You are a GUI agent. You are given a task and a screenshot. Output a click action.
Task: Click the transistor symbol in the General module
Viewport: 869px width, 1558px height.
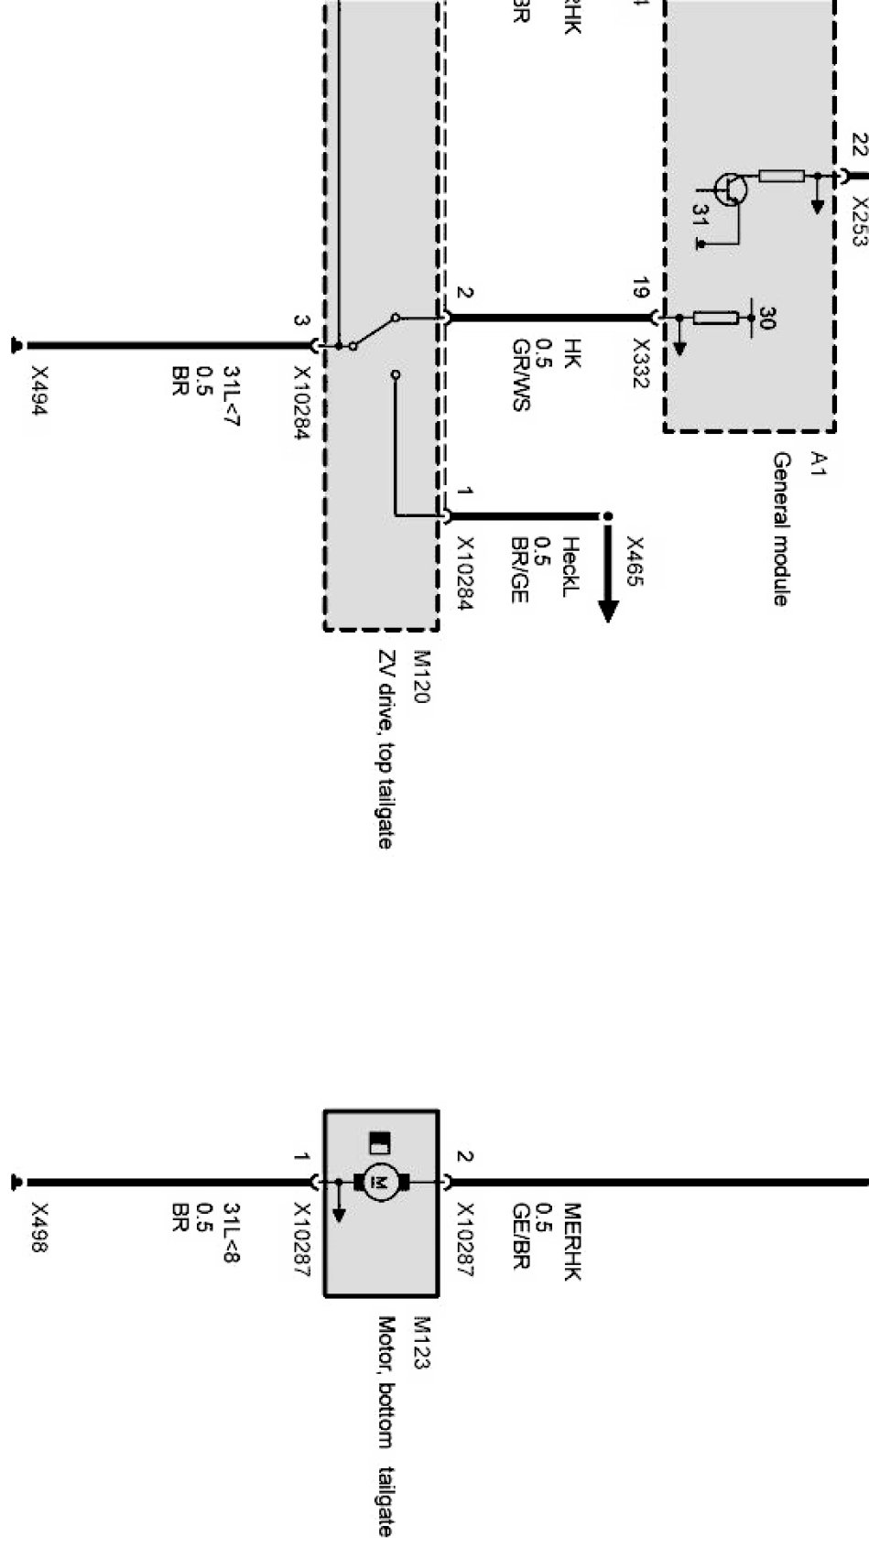pyautogui.click(x=732, y=189)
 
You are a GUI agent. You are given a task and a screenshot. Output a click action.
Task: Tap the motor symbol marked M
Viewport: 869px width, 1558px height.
pyautogui.click(x=376, y=1182)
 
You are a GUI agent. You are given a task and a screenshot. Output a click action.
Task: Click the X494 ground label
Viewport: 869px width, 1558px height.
pyautogui.click(x=38, y=391)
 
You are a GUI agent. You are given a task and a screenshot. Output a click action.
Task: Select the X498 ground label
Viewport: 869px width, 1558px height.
pyautogui.click(x=38, y=1227)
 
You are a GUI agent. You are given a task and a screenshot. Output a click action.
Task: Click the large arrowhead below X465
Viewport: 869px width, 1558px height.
pyautogui.click(x=608, y=610)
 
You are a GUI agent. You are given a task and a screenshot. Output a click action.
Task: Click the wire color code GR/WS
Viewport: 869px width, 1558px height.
pyautogui.click(x=520, y=374)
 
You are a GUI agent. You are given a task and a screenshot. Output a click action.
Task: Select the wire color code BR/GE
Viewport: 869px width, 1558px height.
pyautogui.click(x=519, y=569)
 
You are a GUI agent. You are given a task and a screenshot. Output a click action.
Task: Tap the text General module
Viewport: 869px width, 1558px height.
pyautogui.click(x=781, y=528)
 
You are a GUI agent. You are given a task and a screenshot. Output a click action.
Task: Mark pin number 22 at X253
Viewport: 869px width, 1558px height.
pyautogui.click(x=859, y=145)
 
